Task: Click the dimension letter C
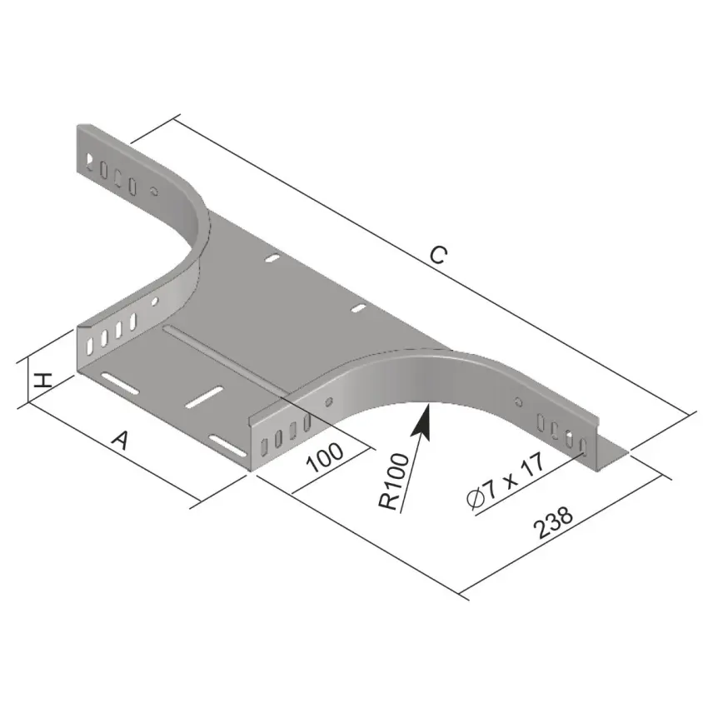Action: pos(438,255)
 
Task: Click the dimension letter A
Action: pos(121,441)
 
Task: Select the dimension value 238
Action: pos(553,522)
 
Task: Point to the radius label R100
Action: pos(394,481)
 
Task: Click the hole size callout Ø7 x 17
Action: pos(506,481)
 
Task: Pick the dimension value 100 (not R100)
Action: pos(325,456)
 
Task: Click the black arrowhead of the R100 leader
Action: pos(421,421)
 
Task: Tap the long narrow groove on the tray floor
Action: pos(226,358)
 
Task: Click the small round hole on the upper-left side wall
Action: pos(154,191)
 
